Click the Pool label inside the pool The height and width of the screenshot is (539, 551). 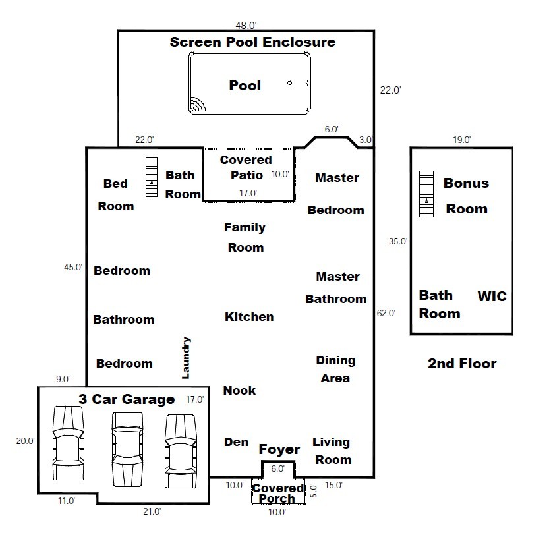pyautogui.click(x=245, y=86)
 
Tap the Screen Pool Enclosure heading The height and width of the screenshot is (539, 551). pyautogui.click(x=252, y=43)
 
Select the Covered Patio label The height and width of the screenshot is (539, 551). pyautogui.click(x=246, y=167)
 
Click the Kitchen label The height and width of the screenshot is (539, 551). pyautogui.click(x=249, y=317)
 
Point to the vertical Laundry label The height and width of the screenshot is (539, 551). pyautogui.click(x=186, y=358)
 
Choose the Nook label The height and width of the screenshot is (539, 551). pyautogui.click(x=239, y=391)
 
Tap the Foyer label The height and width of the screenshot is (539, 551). pyautogui.click(x=279, y=450)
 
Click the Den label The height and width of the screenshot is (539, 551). pyautogui.click(x=236, y=442)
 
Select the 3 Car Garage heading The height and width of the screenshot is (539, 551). pyautogui.click(x=127, y=399)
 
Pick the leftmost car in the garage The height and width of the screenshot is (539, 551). pyautogui.click(x=68, y=443)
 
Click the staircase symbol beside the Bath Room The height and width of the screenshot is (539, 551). pyautogui.click(x=152, y=177)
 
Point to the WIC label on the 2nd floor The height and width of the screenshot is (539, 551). pyautogui.click(x=492, y=297)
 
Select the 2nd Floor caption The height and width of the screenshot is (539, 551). pyautogui.click(x=461, y=364)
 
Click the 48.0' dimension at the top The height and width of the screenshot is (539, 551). pyautogui.click(x=246, y=26)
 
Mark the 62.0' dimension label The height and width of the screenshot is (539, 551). pyautogui.click(x=385, y=314)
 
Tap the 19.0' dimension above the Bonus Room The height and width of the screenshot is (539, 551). pyautogui.click(x=461, y=140)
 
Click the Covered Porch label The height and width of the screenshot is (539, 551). pyautogui.click(x=277, y=494)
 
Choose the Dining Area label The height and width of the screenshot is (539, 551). pyautogui.click(x=335, y=369)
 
